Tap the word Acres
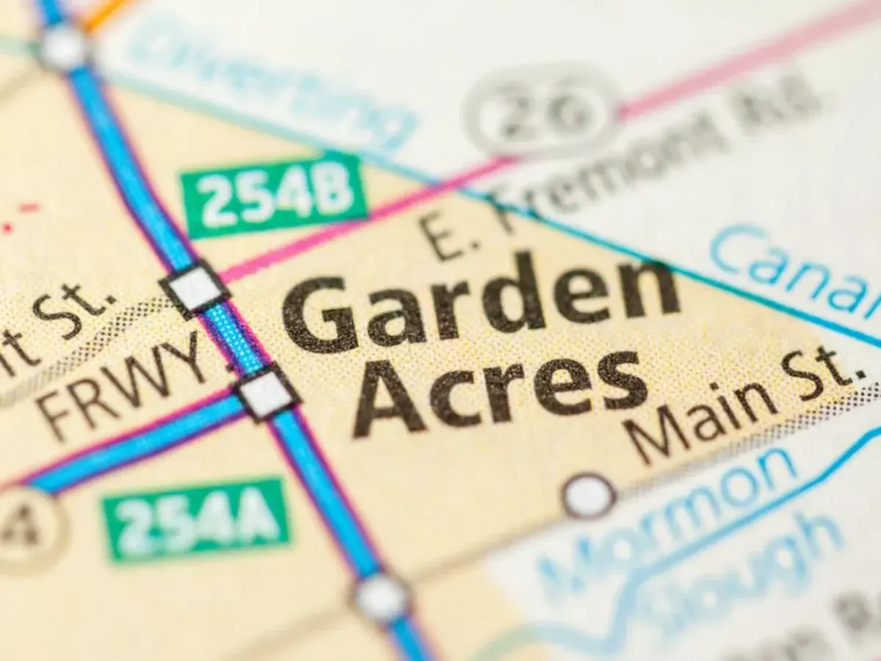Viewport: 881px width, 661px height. [499, 389]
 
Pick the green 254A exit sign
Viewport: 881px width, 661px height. [196, 519]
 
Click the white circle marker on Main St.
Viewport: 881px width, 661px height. [589, 496]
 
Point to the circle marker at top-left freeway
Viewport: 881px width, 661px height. [63, 46]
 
